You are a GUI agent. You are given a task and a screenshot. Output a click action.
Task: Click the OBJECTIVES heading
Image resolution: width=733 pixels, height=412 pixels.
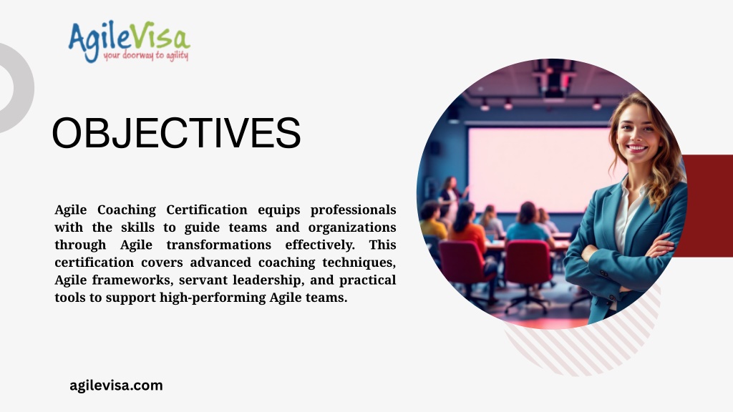click(x=176, y=133)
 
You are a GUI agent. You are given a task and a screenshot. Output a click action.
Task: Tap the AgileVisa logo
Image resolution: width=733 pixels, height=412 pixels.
click(x=129, y=41)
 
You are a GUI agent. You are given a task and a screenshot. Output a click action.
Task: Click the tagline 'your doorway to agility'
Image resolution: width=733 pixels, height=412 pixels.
click(x=146, y=56)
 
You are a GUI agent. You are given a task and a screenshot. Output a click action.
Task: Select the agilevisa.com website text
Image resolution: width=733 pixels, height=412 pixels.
click(x=116, y=386)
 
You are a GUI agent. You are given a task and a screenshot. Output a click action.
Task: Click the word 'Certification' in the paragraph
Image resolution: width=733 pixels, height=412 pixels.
click(x=207, y=210)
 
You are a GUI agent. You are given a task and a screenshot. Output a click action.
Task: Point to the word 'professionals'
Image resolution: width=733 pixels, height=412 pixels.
click(x=353, y=210)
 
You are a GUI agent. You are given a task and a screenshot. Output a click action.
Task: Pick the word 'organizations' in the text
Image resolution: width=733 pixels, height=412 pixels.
click(x=352, y=228)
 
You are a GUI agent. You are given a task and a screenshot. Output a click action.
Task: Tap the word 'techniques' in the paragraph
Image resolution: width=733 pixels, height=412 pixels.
click(x=359, y=263)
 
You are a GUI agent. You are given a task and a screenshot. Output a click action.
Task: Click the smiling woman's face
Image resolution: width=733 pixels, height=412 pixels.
click(x=636, y=132)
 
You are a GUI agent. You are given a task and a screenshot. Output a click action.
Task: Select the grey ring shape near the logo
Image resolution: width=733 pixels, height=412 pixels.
click(x=24, y=88)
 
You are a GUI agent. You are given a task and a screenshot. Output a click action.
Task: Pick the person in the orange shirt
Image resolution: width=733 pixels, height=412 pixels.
click(x=467, y=234)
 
